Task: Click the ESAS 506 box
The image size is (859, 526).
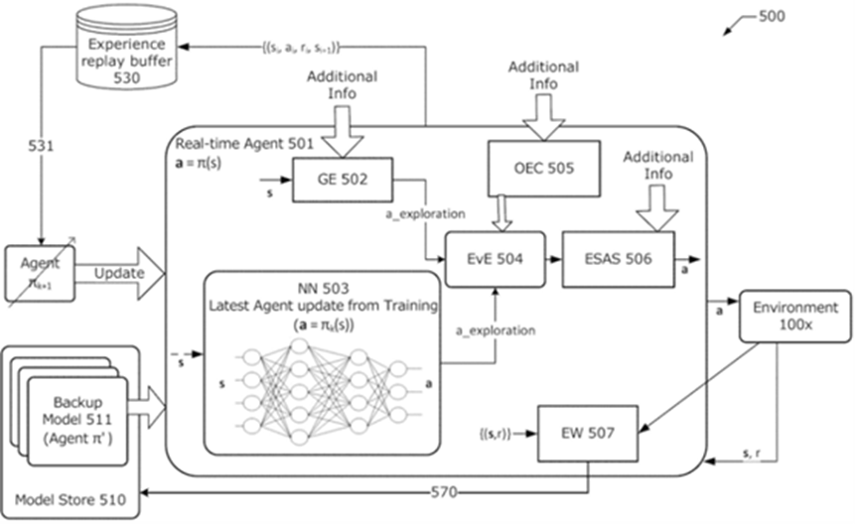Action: [x=618, y=260]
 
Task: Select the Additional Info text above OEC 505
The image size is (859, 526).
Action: [x=543, y=75]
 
